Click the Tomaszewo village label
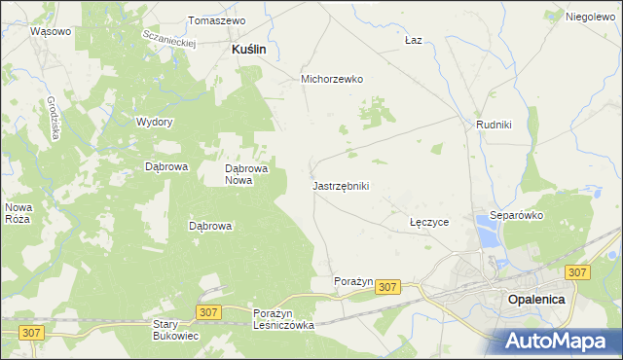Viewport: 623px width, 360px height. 216,20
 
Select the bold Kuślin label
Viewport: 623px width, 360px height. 249,48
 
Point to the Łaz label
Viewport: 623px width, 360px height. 413,41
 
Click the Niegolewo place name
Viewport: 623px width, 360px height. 591,18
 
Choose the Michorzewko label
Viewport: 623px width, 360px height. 332,80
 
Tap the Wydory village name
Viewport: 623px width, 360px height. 155,122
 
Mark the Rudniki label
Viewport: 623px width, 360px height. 495,125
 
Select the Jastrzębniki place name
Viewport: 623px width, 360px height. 341,185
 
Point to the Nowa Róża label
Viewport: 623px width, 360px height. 19,213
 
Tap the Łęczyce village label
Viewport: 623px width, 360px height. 429,222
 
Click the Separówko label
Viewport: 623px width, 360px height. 516,215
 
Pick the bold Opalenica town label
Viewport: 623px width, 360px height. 536,300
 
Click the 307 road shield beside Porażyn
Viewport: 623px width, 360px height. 387,287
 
